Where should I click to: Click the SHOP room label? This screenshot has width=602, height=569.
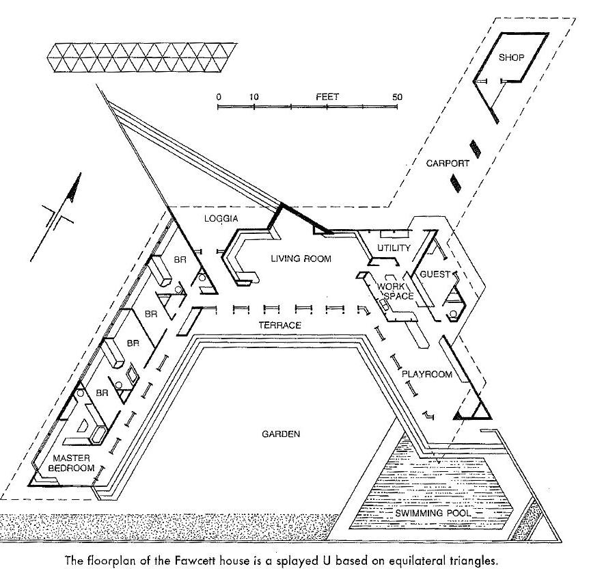click(511, 58)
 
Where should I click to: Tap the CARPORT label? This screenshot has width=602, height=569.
click(448, 163)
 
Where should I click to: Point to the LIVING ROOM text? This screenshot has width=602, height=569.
click(301, 259)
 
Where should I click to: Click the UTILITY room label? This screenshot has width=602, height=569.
click(394, 248)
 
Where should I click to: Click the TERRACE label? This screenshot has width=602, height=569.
click(280, 326)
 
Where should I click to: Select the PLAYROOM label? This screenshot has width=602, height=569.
click(427, 374)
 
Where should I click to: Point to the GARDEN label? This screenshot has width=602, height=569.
click(281, 434)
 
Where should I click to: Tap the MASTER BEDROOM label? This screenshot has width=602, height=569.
click(70, 463)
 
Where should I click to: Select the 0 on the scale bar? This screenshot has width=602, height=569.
click(219, 97)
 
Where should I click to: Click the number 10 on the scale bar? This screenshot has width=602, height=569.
click(254, 97)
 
